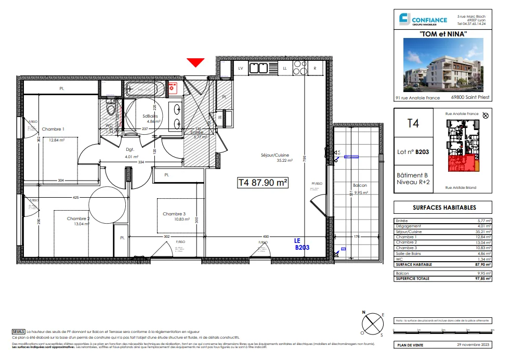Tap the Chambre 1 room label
point(53,129)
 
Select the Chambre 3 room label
point(174,214)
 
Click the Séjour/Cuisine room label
point(275,155)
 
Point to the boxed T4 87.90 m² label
point(263,183)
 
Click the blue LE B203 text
point(302,244)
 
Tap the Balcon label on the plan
point(360,186)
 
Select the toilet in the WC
point(110,110)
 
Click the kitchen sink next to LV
point(258,68)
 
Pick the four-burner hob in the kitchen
point(300,68)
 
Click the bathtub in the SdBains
point(146,89)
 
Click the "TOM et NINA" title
point(443,34)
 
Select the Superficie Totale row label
point(413,278)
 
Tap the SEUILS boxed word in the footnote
point(19,331)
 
